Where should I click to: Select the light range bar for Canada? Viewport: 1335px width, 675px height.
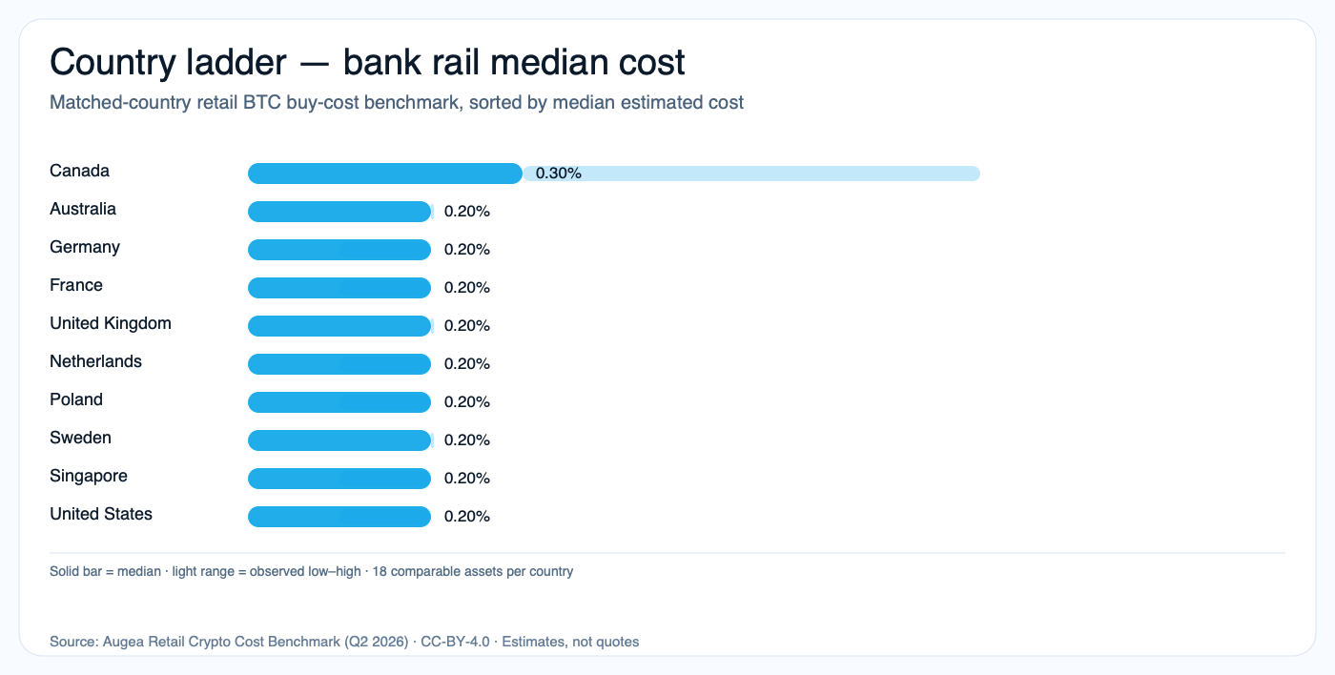tap(763, 174)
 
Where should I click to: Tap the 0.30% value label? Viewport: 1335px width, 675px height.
tap(559, 174)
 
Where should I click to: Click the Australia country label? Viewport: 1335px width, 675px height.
tap(83, 209)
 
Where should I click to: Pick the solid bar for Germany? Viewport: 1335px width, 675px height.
tap(339, 250)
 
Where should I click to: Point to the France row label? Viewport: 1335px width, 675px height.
tap(76, 285)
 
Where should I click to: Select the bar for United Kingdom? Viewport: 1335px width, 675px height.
tap(339, 326)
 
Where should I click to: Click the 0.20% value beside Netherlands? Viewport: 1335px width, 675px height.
tap(467, 364)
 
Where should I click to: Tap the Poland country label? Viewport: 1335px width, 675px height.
tap(76, 399)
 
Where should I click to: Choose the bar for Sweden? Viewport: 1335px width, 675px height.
tap(339, 440)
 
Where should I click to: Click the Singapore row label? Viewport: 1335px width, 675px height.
tap(89, 476)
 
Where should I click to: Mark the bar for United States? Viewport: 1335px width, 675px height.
tap(339, 517)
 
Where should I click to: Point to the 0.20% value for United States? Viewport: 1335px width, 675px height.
tap(467, 517)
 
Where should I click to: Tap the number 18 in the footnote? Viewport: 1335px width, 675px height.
tap(380, 572)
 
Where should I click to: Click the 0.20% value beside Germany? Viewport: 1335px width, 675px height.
tap(467, 250)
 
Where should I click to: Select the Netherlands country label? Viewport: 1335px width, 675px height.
tap(95, 361)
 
